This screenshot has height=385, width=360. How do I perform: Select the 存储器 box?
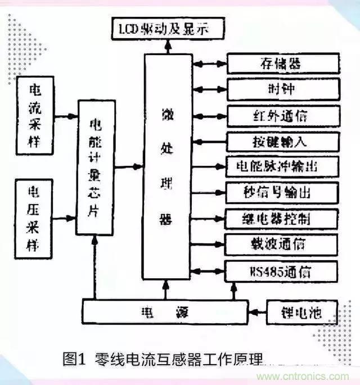(283, 63)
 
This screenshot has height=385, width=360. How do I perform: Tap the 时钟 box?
(283, 89)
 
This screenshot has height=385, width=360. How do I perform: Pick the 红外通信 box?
(283, 115)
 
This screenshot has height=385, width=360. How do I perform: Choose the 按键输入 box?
(283, 141)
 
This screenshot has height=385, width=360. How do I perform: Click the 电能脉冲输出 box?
(283, 166)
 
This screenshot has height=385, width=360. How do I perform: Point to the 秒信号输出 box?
(283, 192)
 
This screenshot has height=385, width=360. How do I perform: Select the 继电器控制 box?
(283, 218)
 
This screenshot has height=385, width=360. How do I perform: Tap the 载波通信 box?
(283, 244)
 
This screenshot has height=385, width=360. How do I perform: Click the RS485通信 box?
(283, 271)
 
